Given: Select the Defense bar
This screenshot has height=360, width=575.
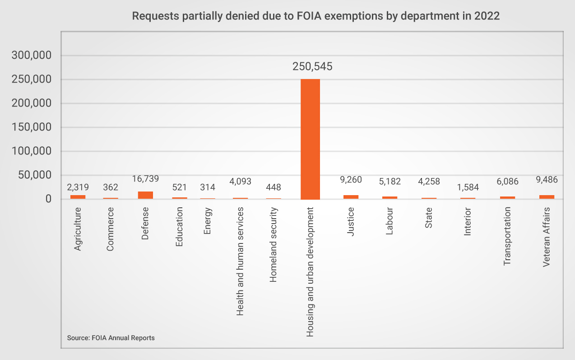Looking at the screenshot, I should tap(145, 195).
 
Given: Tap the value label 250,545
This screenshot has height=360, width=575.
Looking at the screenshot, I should tap(312, 67).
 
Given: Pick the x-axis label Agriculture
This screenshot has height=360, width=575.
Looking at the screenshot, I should tap(78, 229).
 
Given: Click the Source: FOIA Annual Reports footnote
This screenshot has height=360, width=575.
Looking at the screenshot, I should tap(111, 338).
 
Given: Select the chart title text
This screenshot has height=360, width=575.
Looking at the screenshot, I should tap(315, 16).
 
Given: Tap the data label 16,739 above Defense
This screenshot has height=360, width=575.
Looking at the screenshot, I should tap(145, 179).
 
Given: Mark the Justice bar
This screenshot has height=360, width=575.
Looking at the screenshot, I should tap(351, 197).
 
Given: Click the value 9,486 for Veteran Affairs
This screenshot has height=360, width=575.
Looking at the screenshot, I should tap(547, 180).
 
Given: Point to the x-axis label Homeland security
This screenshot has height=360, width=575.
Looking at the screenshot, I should tap(273, 245).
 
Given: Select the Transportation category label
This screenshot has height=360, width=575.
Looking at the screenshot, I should tap(507, 236).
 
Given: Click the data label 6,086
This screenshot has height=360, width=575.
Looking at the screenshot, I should tap(507, 182).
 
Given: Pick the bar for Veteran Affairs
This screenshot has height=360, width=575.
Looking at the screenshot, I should tap(547, 197).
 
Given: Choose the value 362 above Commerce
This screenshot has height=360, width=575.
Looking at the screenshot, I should tap(110, 187).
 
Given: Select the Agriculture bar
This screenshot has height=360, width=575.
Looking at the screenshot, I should tap(78, 197).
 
